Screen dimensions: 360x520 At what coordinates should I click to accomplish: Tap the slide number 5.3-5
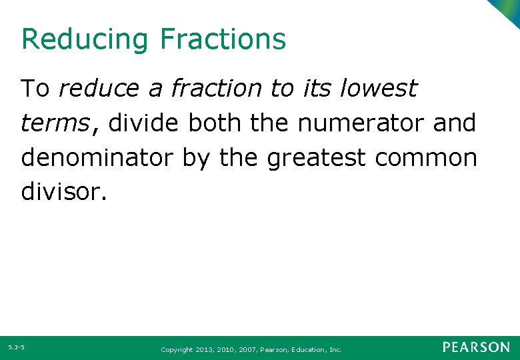pos(17,347)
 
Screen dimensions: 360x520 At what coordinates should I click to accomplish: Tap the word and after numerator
pos(455,123)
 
